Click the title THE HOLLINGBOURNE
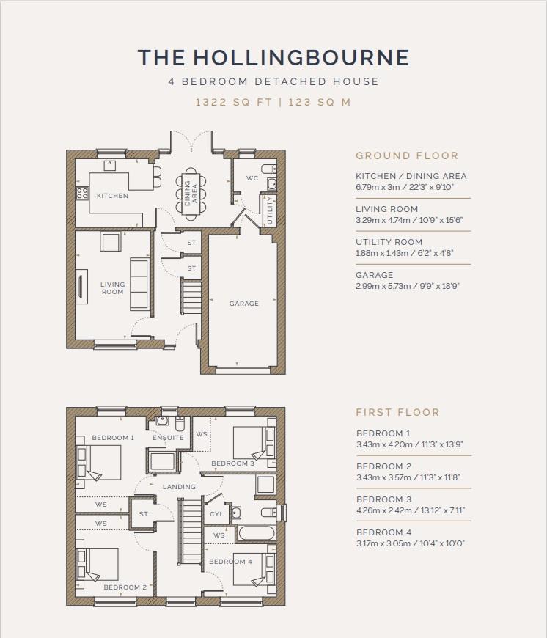point(273,57)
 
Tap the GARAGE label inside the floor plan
point(244,304)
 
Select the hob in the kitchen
point(82,193)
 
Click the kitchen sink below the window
point(110,165)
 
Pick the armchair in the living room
point(111,242)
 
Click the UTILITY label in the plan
point(270,210)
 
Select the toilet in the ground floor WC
point(268,169)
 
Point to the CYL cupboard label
point(216,514)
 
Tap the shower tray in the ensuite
point(162,462)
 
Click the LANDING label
point(179,487)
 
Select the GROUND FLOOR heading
point(407,155)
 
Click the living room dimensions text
point(409,220)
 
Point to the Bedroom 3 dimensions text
point(411,510)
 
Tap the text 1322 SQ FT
point(233,102)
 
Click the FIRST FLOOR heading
point(397,412)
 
